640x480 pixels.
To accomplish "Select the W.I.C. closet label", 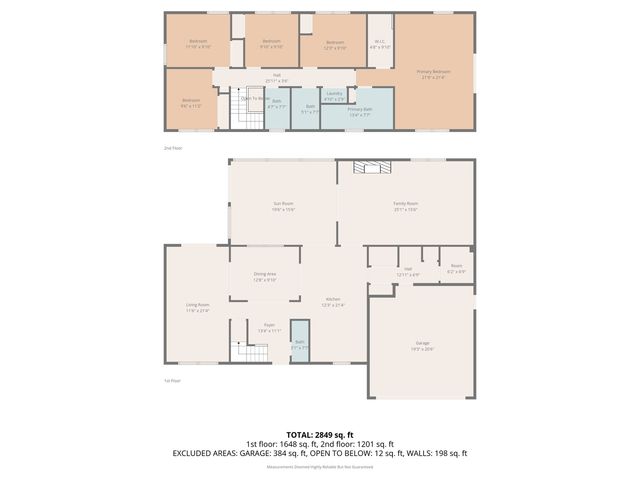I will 380,45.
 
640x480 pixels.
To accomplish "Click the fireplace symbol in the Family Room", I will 372,168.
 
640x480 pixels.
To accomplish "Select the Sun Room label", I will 283,207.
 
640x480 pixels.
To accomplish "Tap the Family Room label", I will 405,205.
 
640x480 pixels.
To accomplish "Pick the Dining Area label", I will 264,276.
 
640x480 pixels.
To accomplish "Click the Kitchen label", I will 332,302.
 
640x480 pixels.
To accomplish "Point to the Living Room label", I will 197,307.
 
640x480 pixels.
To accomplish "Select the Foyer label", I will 269,326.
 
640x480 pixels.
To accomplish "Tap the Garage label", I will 421,346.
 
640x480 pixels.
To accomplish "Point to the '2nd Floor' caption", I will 173,147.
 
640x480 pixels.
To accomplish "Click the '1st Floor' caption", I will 173,381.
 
